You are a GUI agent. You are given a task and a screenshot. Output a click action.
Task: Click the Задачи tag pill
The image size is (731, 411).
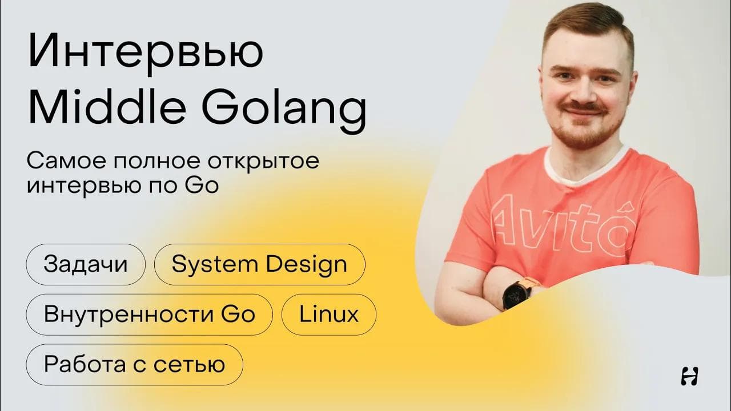[86, 264]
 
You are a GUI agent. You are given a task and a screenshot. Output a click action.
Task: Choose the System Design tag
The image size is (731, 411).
[259, 264]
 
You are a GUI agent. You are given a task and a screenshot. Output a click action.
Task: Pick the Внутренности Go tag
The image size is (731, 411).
[149, 315]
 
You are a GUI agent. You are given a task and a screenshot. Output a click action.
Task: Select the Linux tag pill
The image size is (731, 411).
[329, 315]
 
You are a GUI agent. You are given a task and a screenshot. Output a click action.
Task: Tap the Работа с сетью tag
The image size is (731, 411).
[134, 364]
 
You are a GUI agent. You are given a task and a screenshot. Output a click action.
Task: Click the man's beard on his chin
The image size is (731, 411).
[580, 137]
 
